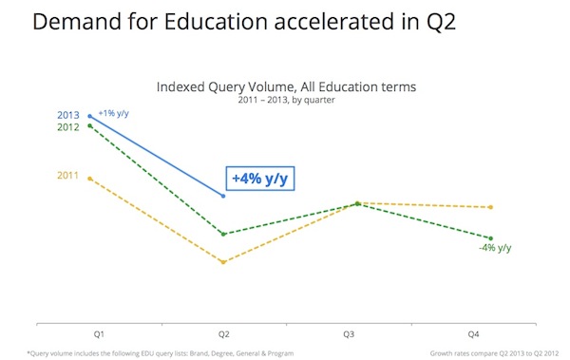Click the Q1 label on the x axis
[x=98, y=334]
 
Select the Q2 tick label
[x=224, y=334]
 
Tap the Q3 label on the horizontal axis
[x=350, y=334]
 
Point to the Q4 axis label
[x=475, y=334]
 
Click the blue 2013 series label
[x=68, y=115]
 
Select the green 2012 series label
[x=68, y=126]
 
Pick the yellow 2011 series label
[x=68, y=176]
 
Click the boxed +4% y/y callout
[x=258, y=178]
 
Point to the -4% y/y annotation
[x=495, y=249]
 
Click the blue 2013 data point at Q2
[x=223, y=196]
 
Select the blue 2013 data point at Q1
[x=89, y=116]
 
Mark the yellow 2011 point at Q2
[x=223, y=262]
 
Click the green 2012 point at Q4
[x=490, y=238]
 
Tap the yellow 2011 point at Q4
[x=490, y=207]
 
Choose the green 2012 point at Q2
[x=223, y=234]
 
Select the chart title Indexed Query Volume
[x=286, y=86]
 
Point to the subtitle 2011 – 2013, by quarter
[x=286, y=99]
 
